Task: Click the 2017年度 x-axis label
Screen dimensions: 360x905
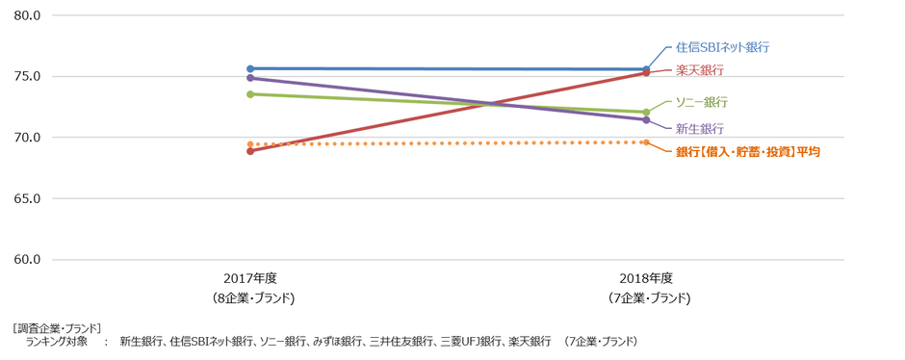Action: tap(250, 278)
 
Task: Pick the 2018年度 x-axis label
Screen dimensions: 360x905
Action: tap(646, 278)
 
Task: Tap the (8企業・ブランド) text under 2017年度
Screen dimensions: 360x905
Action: tap(250, 298)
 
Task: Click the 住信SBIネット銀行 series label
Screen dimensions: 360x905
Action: tap(722, 46)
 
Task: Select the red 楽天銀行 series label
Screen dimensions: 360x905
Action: tap(700, 70)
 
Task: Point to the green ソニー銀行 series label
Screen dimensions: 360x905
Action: tap(702, 102)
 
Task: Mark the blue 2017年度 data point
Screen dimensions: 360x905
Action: tap(250, 69)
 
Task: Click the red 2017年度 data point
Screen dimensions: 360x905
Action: tap(250, 151)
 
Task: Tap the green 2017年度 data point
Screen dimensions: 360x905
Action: tap(250, 94)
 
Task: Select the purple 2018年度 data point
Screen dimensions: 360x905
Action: tap(646, 120)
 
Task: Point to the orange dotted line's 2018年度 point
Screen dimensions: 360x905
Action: tap(646, 142)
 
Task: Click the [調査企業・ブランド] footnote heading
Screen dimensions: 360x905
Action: tap(57, 327)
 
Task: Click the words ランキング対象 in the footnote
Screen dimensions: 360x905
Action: tap(57, 342)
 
